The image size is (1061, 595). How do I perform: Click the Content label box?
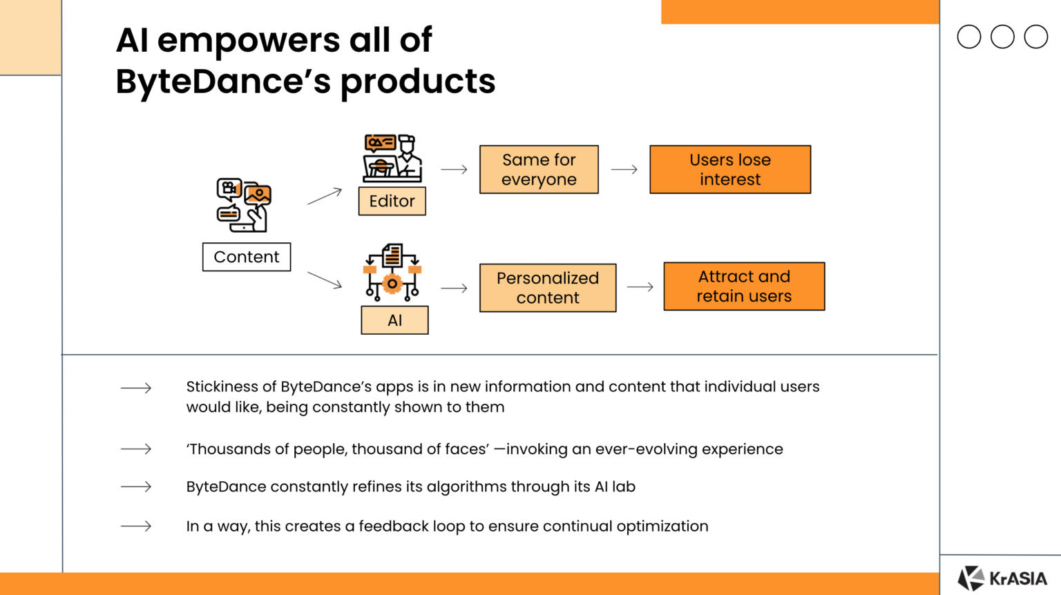(247, 257)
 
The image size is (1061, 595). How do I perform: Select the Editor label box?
(392, 201)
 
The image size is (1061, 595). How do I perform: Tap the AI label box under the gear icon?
(394, 320)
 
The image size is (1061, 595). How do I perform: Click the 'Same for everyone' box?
(539, 170)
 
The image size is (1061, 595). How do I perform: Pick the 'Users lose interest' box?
(730, 170)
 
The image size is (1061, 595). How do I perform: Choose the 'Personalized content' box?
(548, 288)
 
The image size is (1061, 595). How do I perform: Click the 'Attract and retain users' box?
(744, 286)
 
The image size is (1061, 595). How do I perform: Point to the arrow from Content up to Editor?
(325, 196)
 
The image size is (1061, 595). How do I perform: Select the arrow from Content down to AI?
(325, 280)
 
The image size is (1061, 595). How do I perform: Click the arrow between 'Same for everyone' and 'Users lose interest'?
(624, 169)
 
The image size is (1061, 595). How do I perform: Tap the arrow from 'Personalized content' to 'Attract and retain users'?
(640, 287)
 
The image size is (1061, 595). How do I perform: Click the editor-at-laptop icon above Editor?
(392, 158)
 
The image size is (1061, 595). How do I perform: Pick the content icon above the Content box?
(244, 205)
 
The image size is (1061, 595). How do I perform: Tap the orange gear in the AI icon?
(392, 283)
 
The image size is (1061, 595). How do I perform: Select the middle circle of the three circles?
(1002, 37)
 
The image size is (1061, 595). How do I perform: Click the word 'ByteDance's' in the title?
(223, 81)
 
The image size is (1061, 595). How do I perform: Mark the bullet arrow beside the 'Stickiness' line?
(136, 388)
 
